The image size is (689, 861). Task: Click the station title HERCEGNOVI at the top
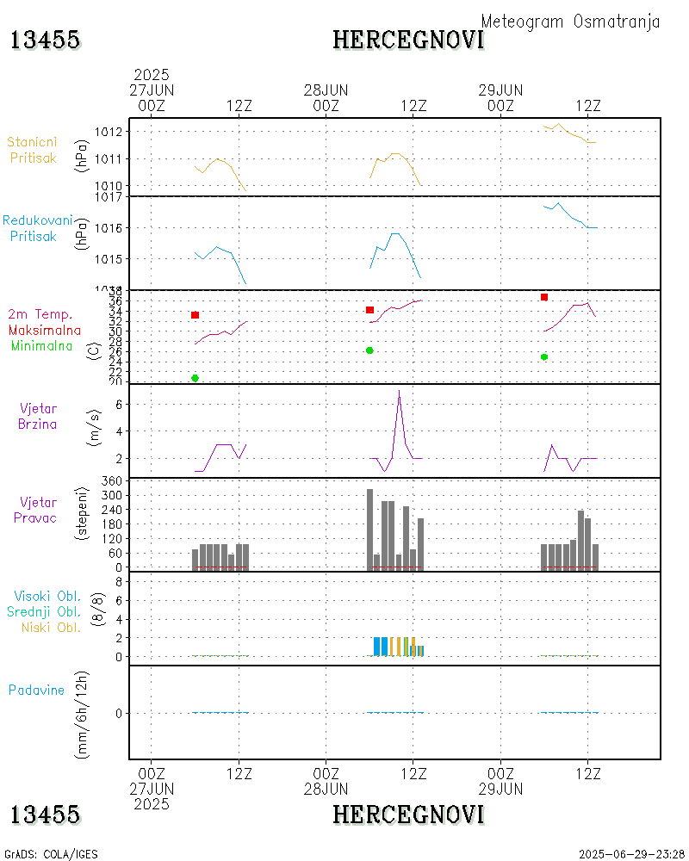(x=408, y=40)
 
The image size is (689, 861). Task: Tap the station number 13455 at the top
(x=45, y=40)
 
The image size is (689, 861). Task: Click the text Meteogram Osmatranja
(x=570, y=22)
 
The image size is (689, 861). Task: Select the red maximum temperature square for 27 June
(x=196, y=315)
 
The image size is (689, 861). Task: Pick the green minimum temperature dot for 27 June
(x=196, y=378)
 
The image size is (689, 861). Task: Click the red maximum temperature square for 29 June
(x=544, y=297)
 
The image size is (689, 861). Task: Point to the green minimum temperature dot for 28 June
(x=369, y=350)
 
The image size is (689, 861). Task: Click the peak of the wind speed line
(x=399, y=391)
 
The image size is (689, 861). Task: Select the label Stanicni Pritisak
(x=34, y=150)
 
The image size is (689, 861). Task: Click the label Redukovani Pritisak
(x=37, y=228)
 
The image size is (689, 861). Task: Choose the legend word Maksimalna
(x=45, y=330)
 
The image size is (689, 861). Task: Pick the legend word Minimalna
(x=42, y=345)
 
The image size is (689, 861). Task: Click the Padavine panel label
(x=37, y=690)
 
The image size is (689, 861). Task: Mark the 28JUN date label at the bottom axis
(x=326, y=789)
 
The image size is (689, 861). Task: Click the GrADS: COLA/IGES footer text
(x=52, y=854)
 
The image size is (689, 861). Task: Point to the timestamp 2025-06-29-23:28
(x=632, y=854)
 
